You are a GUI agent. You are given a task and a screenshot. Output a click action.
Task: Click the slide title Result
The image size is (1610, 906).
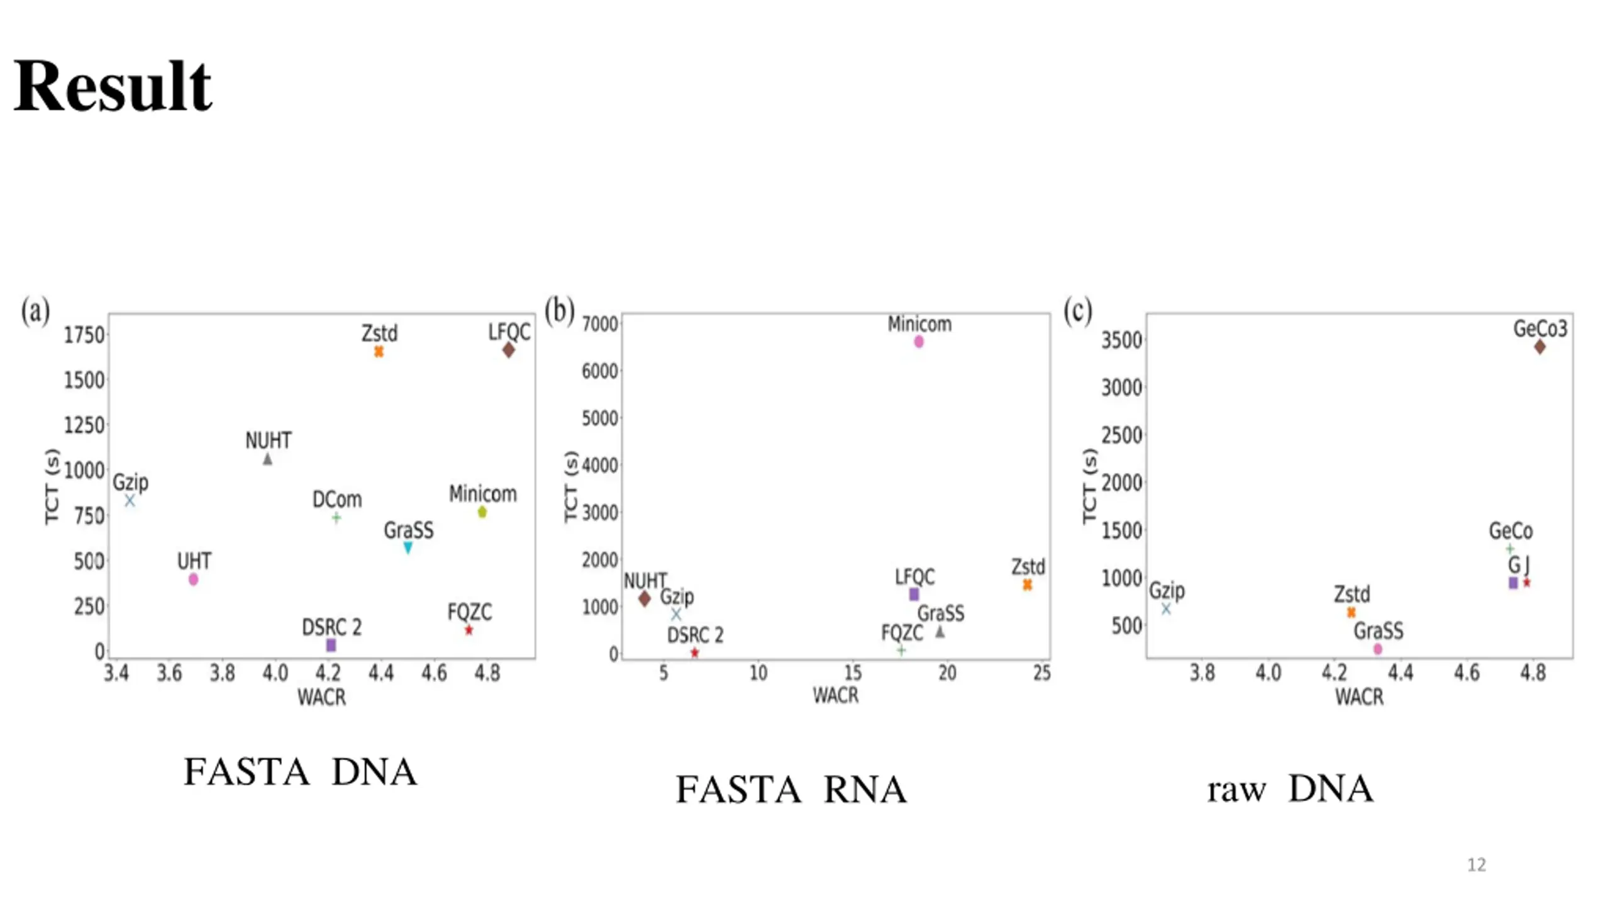[x=113, y=86]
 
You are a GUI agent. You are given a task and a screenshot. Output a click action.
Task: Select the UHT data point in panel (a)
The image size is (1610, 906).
[x=193, y=579]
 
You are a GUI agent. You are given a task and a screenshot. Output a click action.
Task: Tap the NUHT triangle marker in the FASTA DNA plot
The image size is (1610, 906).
[x=267, y=459]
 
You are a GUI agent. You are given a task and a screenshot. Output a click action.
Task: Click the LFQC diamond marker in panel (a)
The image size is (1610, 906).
[x=508, y=350]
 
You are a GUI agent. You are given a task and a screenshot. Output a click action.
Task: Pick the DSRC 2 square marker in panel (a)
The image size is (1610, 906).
[x=331, y=645]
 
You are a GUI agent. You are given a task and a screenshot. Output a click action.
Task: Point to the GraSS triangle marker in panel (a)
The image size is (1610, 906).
[x=408, y=547]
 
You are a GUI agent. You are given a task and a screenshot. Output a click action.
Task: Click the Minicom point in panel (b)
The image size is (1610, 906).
[x=919, y=342]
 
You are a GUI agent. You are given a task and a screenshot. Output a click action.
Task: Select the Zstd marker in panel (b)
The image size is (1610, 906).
[x=1027, y=584]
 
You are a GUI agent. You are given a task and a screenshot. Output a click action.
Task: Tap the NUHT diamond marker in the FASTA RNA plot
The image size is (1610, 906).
[x=644, y=598]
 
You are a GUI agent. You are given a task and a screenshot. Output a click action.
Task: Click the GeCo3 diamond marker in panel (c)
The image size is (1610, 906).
[x=1540, y=347]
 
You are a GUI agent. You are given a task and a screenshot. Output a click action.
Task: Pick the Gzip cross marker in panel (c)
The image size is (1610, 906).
[x=1166, y=608]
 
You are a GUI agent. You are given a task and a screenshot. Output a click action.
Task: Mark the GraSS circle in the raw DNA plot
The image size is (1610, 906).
[x=1378, y=649]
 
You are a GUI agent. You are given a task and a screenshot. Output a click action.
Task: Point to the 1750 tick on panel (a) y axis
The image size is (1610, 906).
[x=84, y=335]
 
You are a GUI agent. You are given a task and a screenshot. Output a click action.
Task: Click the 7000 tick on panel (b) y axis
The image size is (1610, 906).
[x=600, y=324]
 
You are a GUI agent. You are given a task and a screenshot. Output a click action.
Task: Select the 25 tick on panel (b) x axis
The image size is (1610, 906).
[x=1041, y=673]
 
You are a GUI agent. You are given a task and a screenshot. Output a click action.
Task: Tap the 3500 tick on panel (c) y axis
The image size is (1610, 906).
[x=1121, y=340]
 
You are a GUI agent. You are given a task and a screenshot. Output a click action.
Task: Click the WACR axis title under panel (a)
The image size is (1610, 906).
[x=321, y=697]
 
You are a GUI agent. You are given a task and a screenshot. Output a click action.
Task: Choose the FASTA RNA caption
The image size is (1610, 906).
[x=791, y=790]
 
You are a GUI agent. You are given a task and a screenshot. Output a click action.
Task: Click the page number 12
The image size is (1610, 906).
[x=1476, y=865]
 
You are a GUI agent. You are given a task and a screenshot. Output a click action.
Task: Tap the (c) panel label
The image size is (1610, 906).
[x=1077, y=311]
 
